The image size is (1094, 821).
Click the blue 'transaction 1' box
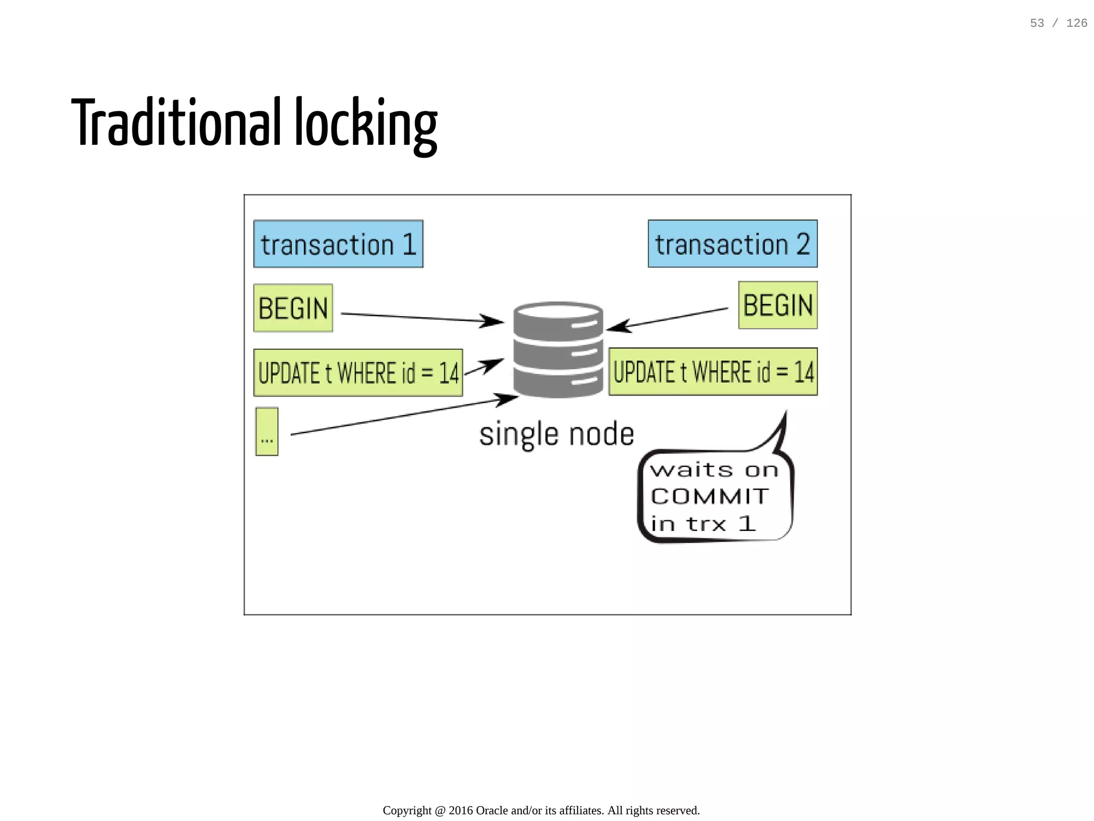(338, 244)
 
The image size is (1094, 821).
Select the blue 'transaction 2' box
(732, 244)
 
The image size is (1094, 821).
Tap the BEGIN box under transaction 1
(293, 308)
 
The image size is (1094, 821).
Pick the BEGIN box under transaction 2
(778, 306)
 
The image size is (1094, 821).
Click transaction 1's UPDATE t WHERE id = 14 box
(358, 373)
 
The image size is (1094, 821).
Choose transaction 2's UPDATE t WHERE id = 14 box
(713, 372)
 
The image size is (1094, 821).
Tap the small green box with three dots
(267, 432)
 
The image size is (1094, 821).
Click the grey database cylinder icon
(558, 350)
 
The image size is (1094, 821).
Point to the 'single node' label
(557, 434)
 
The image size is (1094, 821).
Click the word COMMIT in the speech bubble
(710, 496)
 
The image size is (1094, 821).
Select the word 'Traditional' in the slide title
(176, 123)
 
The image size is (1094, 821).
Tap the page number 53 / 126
(1058, 23)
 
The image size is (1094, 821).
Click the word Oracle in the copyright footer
(491, 810)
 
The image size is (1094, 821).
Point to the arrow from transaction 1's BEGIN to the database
(422, 318)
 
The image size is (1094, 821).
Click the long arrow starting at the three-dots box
(401, 416)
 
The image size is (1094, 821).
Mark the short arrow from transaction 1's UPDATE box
(483, 368)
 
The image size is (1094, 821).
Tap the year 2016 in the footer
(460, 810)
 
